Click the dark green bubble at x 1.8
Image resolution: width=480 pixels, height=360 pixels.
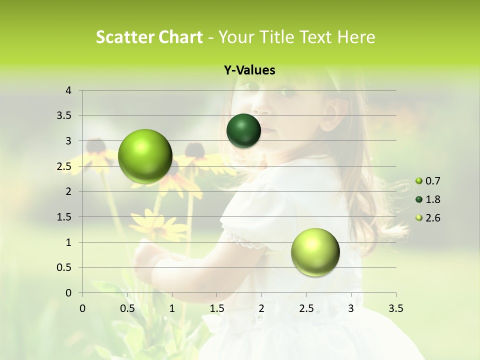[243, 131]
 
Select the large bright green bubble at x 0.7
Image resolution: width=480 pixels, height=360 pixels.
[145, 156]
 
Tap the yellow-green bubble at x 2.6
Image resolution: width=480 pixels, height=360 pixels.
[315, 252]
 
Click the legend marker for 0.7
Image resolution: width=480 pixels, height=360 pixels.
[419, 181]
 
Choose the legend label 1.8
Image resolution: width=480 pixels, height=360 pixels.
[433, 199]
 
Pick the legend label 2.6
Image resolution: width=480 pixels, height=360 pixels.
[433, 218]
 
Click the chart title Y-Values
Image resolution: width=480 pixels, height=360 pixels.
[249, 70]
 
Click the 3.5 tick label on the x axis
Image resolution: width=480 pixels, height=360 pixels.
[395, 308]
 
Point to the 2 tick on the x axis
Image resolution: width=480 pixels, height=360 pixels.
[261, 308]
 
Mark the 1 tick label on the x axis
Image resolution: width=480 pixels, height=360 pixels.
[172, 308]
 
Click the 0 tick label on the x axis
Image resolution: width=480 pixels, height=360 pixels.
[82, 308]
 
